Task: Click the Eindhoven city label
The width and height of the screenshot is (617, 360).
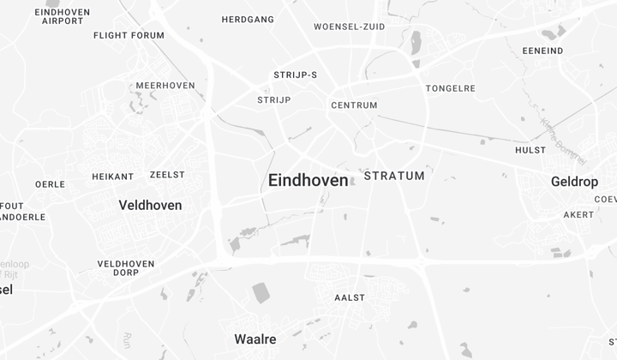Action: coord(308,181)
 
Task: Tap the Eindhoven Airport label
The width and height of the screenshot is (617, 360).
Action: coord(63,15)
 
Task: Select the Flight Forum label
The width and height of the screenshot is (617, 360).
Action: coord(129,36)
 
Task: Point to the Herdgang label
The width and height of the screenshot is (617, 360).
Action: coord(248,20)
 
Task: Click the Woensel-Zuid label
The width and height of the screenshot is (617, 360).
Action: coord(349,27)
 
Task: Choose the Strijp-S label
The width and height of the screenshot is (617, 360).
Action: coord(295,75)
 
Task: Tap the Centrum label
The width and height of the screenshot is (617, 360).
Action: coord(354,105)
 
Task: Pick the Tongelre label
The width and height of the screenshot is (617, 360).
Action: coord(450,88)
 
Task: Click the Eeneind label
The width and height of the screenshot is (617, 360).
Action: coord(542,51)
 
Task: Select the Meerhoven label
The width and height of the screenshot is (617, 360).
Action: coord(165,86)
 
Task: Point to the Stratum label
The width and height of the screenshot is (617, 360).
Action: coord(394,176)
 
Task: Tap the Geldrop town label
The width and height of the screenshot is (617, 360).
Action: coord(574,182)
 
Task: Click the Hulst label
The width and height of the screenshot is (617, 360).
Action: coord(530,150)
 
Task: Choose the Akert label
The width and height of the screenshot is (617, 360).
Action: coord(578,214)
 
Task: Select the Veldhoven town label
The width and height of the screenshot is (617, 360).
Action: coord(150,205)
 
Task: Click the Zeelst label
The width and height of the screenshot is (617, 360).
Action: coord(167,174)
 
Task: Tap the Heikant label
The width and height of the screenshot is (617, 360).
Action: coord(113,177)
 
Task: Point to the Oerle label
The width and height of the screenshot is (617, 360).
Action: coord(50,184)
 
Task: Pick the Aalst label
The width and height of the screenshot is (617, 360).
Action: coord(349,297)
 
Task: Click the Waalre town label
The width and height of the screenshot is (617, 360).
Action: coord(255,339)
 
